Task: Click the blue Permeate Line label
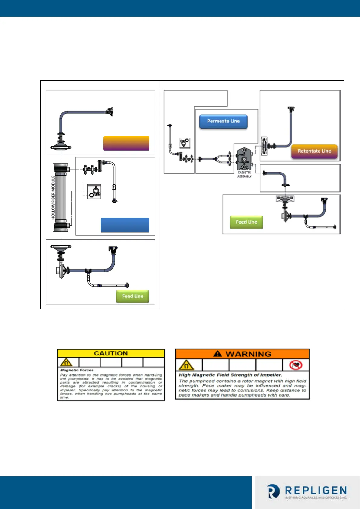click(223, 121)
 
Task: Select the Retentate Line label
click(314, 151)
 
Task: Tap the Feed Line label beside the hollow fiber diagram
click(133, 296)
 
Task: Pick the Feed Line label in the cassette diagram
click(246, 222)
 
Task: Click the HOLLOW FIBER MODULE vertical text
click(53, 197)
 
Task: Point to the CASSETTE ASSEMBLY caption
click(244, 174)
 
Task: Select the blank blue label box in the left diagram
click(125, 225)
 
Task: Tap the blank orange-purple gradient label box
click(126, 143)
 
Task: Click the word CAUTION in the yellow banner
click(111, 353)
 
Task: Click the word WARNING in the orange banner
click(248, 354)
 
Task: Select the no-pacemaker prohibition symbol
click(296, 365)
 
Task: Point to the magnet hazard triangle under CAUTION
click(66, 362)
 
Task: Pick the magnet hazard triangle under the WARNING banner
click(186, 365)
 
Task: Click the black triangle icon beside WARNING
click(218, 354)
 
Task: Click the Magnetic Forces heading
click(77, 370)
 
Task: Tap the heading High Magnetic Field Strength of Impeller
click(230, 375)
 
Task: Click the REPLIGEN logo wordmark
click(316, 490)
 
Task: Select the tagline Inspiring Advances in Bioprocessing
click(316, 498)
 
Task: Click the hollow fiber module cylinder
click(61, 197)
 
